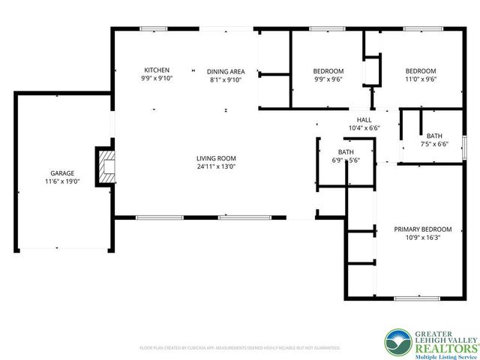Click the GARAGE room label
tap(62, 172)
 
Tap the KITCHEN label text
tap(157, 70)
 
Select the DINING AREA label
tap(226, 71)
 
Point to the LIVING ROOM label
tap(216, 158)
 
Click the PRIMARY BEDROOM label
tap(423, 229)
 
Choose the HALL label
tap(364, 120)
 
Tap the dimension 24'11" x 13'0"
tap(216, 166)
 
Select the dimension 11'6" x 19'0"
tap(62, 181)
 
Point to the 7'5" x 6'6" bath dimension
tap(434, 144)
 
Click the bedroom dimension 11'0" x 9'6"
tap(421, 79)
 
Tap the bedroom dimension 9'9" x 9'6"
tap(328, 79)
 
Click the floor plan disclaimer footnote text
tap(240, 348)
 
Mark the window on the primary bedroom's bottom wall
tap(417, 298)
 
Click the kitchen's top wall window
tap(154, 29)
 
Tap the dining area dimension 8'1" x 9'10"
tap(226, 79)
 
